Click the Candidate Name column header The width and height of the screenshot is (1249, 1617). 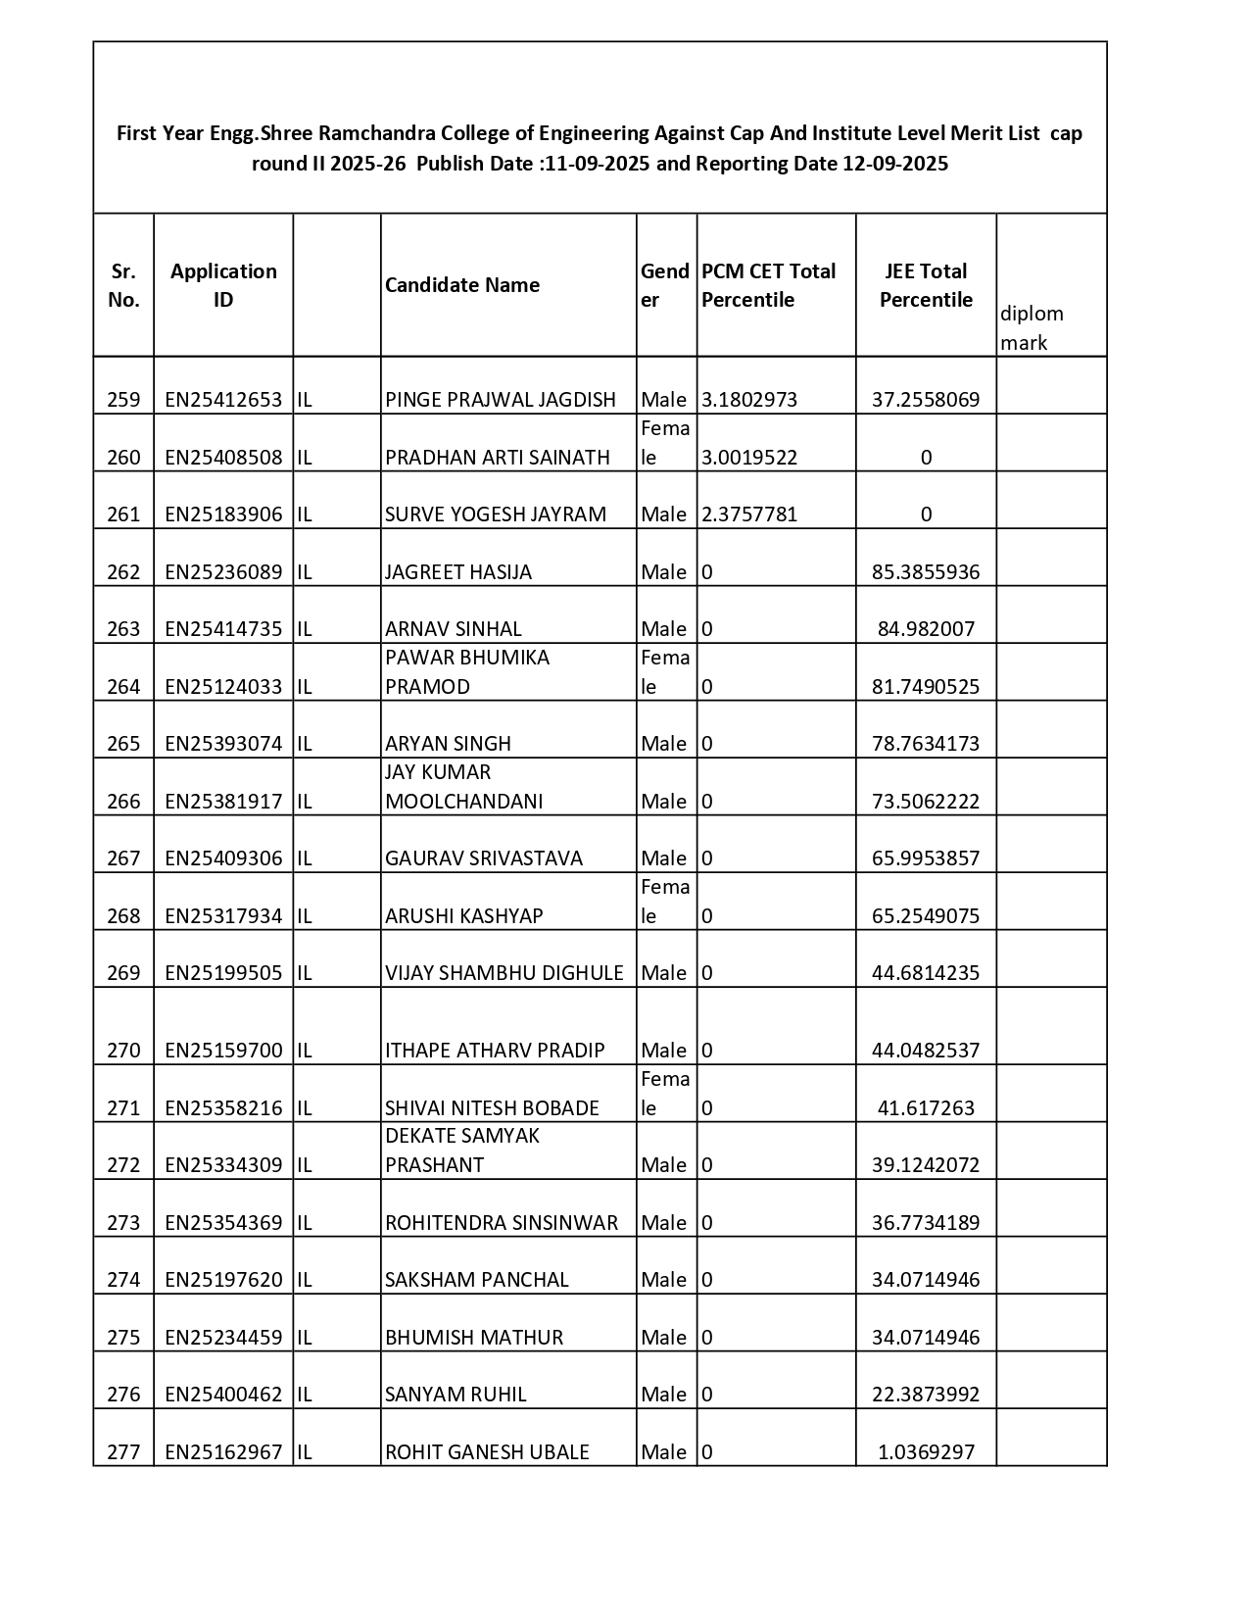click(462, 285)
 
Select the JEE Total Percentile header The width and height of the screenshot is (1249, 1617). click(926, 285)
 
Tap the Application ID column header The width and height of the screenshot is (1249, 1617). click(223, 285)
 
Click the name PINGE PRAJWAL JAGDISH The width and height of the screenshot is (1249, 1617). click(501, 400)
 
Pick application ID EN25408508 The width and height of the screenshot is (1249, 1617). click(223, 458)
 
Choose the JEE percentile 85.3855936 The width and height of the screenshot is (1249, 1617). click(926, 572)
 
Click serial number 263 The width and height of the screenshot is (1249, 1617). click(123, 629)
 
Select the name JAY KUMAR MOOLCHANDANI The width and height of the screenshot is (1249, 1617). click(464, 787)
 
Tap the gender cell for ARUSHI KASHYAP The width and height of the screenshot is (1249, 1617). click(665, 902)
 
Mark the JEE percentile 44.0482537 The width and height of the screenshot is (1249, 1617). click(926, 1051)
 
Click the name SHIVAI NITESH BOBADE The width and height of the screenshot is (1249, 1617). click(492, 1108)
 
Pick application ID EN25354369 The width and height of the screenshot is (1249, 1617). click(223, 1223)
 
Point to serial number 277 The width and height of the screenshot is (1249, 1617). click(123, 1452)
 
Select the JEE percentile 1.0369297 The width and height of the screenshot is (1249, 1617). click(926, 1452)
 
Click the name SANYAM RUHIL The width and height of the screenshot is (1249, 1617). click(456, 1395)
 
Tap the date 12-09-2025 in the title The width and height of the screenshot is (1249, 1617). click(895, 164)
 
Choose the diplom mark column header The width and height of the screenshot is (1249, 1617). click(1032, 327)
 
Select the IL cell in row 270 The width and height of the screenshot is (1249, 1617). click(305, 1051)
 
